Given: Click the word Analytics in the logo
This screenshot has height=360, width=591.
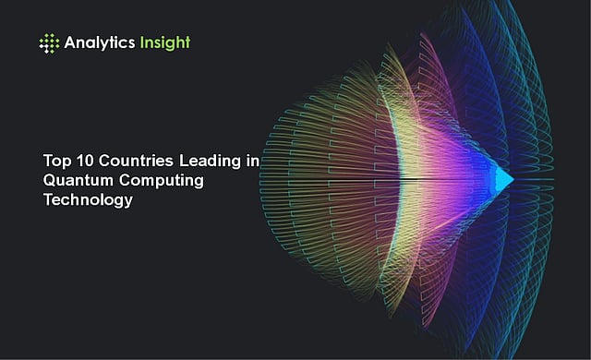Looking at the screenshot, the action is coord(100,42).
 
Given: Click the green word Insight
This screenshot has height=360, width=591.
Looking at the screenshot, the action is coord(165,43).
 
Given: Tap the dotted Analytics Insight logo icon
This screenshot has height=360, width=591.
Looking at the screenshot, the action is coord(49,43).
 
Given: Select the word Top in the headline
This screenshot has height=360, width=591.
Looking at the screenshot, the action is coord(57,162).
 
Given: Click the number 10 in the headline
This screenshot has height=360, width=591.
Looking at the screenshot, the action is coord(85,161).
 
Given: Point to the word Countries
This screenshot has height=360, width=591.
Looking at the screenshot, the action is coord(136,161).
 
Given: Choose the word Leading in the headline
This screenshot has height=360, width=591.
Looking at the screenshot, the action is coord(210,162).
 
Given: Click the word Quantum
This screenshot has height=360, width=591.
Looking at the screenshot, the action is coord(78,180).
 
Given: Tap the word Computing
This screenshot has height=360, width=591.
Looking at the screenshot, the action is coord(162,181).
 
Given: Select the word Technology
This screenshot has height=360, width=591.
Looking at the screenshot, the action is coord(89,200).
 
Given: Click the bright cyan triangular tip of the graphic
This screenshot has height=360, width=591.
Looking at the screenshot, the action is coord(504,180).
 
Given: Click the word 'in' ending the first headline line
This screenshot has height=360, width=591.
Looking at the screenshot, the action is coord(253,161).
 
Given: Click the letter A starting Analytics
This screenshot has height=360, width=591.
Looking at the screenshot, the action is coord(70,42).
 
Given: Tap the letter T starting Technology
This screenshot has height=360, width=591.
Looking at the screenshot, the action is coord(49,199).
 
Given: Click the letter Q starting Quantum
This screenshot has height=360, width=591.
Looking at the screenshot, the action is coord(50,180).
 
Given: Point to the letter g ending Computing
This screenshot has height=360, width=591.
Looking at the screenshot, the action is coord(199,183).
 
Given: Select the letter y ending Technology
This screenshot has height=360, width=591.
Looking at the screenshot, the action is coord(128,202).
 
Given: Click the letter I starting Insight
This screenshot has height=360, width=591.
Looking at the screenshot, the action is coord(141,42).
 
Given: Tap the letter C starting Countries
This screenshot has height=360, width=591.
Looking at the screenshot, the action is coord(105,161).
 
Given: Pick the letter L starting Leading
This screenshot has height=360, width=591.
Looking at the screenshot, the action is coord(184,161).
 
